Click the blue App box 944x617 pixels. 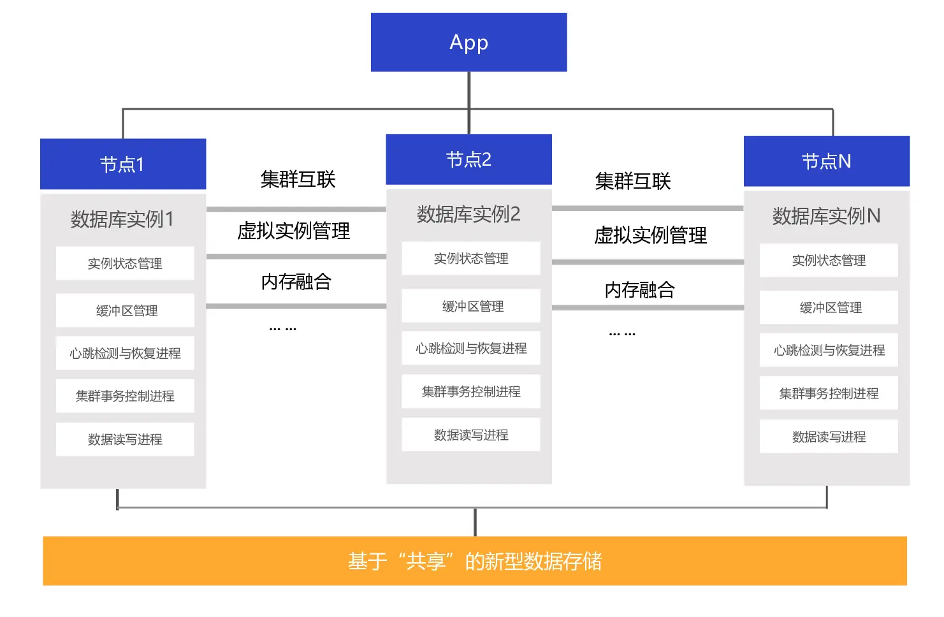468,42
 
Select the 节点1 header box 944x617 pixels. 123,164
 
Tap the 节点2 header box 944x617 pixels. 468,159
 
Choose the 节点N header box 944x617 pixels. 826,161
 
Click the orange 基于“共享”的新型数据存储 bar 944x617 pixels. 474,561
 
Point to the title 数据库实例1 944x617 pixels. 122,219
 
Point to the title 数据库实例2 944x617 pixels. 468,214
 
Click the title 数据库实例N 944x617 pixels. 826,216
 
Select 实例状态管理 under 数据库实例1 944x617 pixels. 125,263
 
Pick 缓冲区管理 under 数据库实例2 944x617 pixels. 471,306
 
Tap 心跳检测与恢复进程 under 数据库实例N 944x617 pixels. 829,350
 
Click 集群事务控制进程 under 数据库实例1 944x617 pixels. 125,396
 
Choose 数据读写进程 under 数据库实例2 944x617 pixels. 471,435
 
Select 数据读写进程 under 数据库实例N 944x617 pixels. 829,437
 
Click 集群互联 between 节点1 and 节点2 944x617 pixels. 298,179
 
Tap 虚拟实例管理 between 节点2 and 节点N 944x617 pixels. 650,235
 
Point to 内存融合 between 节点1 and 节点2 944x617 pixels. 296,282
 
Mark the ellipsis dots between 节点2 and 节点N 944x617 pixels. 622,333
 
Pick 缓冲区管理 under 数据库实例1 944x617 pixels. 125,310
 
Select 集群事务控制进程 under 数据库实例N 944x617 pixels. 829,393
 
